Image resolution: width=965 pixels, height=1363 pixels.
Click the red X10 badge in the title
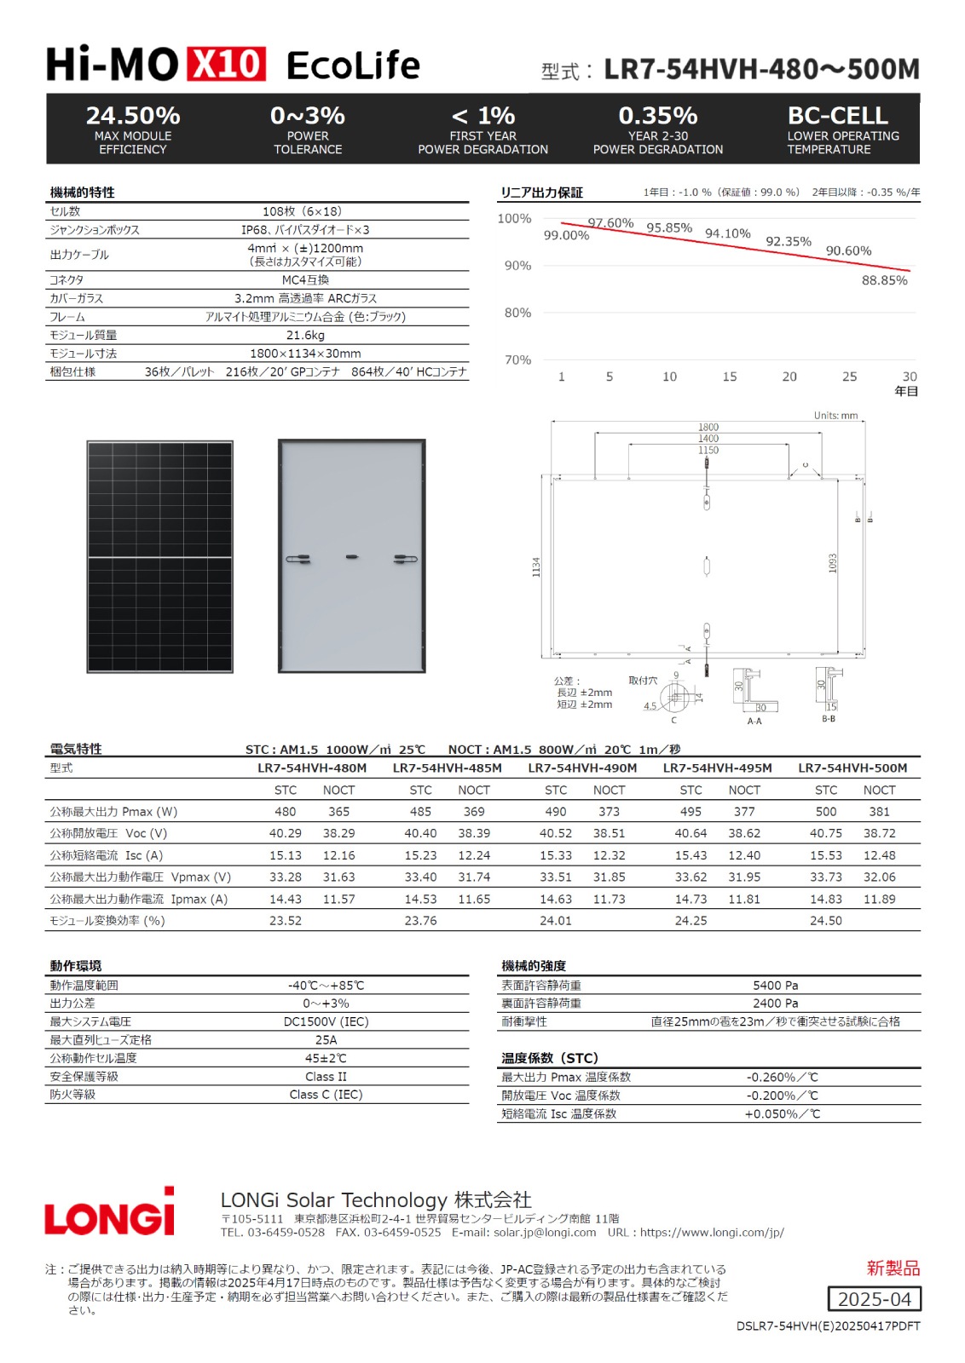(x=227, y=65)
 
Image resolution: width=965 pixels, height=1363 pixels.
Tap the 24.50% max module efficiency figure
(x=133, y=116)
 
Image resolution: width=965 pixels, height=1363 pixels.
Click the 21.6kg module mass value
(x=305, y=335)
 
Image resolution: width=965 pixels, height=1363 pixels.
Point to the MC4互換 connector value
(x=305, y=279)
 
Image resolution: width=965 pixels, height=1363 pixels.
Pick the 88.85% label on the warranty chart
(x=884, y=280)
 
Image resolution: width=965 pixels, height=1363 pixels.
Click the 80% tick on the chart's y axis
(x=517, y=313)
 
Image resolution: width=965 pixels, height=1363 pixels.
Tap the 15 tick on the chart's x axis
(x=730, y=377)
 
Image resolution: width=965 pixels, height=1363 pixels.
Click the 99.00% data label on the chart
(x=566, y=235)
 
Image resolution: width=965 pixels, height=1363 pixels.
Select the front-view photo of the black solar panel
(x=159, y=557)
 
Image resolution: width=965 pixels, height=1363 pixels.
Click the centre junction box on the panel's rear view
(x=351, y=557)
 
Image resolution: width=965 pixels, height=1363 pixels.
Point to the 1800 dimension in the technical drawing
(x=708, y=427)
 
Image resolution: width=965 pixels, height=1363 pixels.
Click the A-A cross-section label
(x=754, y=721)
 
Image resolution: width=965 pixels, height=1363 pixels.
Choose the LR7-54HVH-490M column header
(x=582, y=768)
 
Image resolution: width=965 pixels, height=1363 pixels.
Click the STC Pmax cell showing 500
(x=826, y=812)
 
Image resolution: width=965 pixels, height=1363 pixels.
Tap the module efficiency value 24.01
(x=556, y=920)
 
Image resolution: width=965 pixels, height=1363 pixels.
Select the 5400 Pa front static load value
(x=775, y=985)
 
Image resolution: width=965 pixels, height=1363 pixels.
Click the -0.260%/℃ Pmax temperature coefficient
(x=782, y=1077)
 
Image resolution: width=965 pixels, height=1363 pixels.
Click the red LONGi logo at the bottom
(x=109, y=1211)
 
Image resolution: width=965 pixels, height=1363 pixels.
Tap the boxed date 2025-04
(x=874, y=1299)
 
